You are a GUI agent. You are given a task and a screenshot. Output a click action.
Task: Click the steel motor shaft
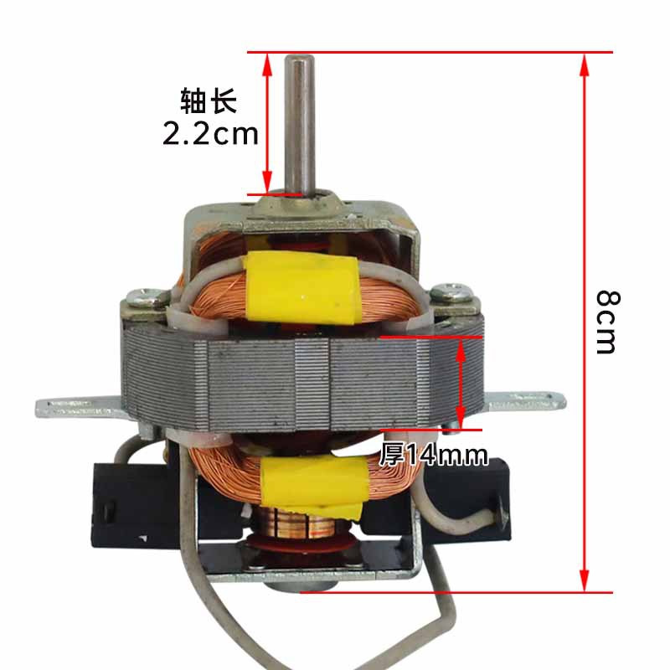click(x=300, y=126)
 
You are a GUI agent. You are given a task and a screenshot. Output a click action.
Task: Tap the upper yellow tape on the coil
click(x=302, y=286)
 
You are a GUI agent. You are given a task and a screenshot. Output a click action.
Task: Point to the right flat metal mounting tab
click(x=526, y=401)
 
